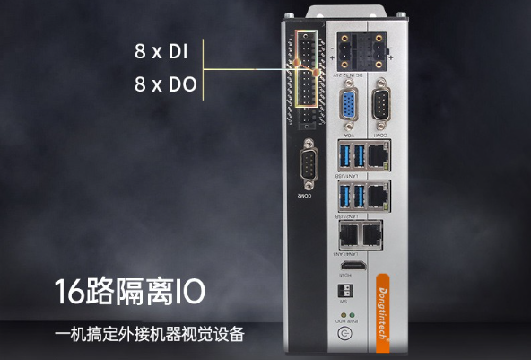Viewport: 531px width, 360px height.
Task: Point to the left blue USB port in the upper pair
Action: [x=344, y=155]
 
